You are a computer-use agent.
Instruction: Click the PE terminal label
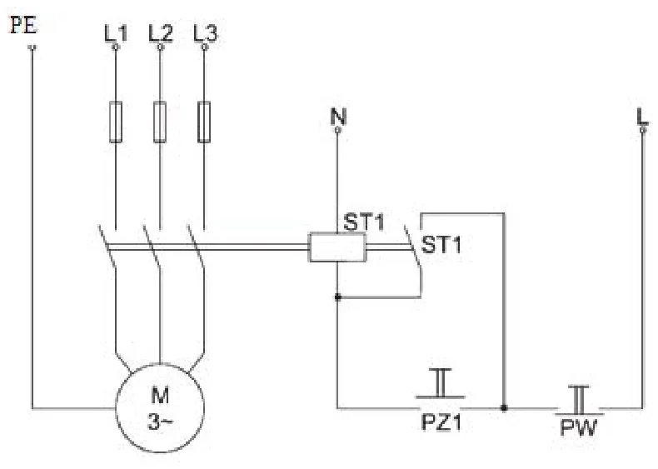(23, 25)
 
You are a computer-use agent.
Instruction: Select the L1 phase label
(116, 33)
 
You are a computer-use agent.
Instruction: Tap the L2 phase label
(161, 33)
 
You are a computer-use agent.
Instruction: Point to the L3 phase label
(206, 33)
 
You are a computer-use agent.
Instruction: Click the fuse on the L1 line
(116, 122)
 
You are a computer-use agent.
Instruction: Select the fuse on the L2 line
(160, 122)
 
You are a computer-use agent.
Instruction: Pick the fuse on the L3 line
(204, 122)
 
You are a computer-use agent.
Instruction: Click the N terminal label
(338, 117)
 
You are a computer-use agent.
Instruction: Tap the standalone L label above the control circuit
(642, 117)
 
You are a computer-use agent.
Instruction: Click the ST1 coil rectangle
(337, 247)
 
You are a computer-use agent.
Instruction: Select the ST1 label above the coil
(363, 222)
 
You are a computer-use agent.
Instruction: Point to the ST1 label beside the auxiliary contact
(441, 245)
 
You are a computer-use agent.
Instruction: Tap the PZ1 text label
(441, 422)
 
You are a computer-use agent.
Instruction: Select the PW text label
(579, 428)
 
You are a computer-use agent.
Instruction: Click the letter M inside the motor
(160, 396)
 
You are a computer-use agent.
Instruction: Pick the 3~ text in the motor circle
(160, 422)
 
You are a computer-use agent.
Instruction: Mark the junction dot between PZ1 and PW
(504, 407)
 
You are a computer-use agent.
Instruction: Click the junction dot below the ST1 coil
(337, 297)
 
